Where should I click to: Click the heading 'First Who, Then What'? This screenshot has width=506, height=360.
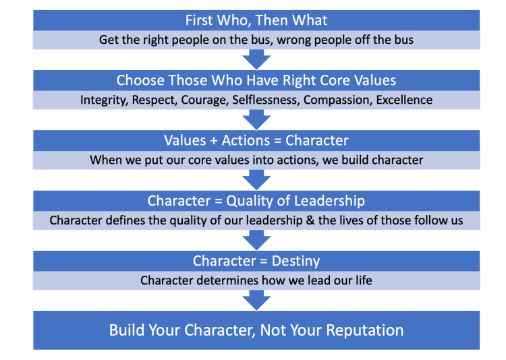tap(256, 20)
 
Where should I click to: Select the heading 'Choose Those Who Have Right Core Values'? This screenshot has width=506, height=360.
tap(256, 80)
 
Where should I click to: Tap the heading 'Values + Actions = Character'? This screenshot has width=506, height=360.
tap(256, 140)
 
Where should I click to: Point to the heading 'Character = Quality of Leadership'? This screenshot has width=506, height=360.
tap(256, 200)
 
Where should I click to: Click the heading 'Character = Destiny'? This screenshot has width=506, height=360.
tap(256, 260)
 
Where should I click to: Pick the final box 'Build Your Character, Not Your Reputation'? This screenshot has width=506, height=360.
tap(256, 330)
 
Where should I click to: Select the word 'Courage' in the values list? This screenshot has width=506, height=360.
tap(207, 100)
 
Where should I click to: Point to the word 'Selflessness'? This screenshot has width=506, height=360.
tap(267, 100)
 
